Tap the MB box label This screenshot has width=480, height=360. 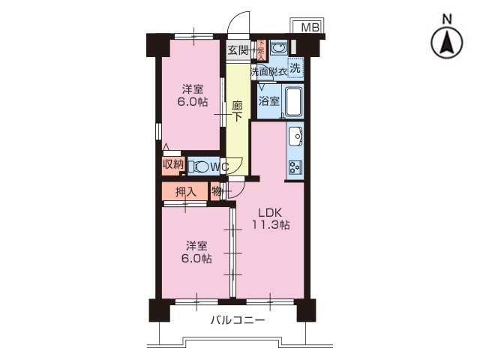310,28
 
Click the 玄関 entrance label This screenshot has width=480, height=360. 238,50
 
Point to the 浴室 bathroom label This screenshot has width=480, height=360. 268,100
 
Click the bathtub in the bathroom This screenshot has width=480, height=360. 292,103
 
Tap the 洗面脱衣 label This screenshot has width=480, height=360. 268,72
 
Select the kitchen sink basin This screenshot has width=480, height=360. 295,137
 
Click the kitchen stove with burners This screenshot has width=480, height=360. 295,167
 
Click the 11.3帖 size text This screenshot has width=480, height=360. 270,224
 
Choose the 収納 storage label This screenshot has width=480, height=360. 173,164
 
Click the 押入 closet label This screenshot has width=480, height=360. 185,192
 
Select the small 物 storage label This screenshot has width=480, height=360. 216,191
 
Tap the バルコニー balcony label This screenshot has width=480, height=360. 237,320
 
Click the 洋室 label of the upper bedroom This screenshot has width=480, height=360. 192,89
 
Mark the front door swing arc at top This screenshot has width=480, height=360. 238,22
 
